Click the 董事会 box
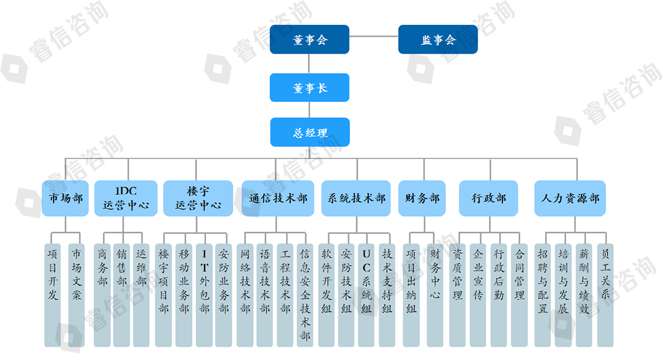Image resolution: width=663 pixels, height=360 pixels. click(x=309, y=40)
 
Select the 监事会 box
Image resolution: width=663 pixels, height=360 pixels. click(x=438, y=40)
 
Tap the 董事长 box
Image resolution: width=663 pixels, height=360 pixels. click(x=309, y=88)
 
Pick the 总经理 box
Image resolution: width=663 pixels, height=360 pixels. click(x=309, y=133)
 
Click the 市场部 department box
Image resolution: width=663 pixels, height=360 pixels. click(x=66, y=198)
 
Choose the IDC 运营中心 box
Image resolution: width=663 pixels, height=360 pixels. click(x=126, y=198)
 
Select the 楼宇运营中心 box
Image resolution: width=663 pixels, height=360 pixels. click(x=197, y=198)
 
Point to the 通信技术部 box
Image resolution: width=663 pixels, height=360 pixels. click(x=277, y=198)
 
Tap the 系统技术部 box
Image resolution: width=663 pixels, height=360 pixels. click(x=356, y=198)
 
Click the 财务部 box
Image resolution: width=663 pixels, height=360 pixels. click(x=422, y=198)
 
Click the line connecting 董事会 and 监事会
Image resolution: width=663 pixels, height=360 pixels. click(x=374, y=36)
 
